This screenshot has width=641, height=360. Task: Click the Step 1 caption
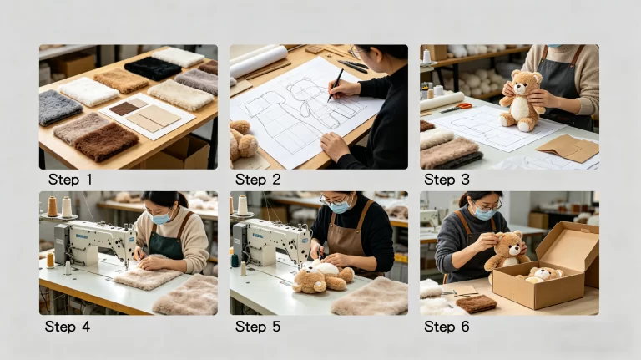click(x=70, y=180)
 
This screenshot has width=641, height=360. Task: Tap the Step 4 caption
click(x=68, y=327)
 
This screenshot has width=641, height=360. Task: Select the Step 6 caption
click(x=447, y=327)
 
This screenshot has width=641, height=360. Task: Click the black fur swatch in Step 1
click(x=152, y=68)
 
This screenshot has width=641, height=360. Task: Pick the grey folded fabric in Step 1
click(x=60, y=107)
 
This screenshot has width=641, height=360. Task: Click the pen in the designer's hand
click(x=336, y=85)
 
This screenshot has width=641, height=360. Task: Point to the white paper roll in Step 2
click(x=259, y=60)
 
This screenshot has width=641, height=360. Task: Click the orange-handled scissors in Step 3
click(x=457, y=108)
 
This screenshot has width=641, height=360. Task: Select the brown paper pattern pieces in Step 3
click(x=568, y=148)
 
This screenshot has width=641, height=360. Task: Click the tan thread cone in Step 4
click(x=52, y=206)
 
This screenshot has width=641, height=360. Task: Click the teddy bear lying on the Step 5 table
click(x=323, y=276)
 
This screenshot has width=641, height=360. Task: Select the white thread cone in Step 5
click(x=243, y=205)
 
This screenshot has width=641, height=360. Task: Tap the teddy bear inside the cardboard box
click(x=542, y=275)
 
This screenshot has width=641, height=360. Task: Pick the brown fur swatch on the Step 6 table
click(x=477, y=303)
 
